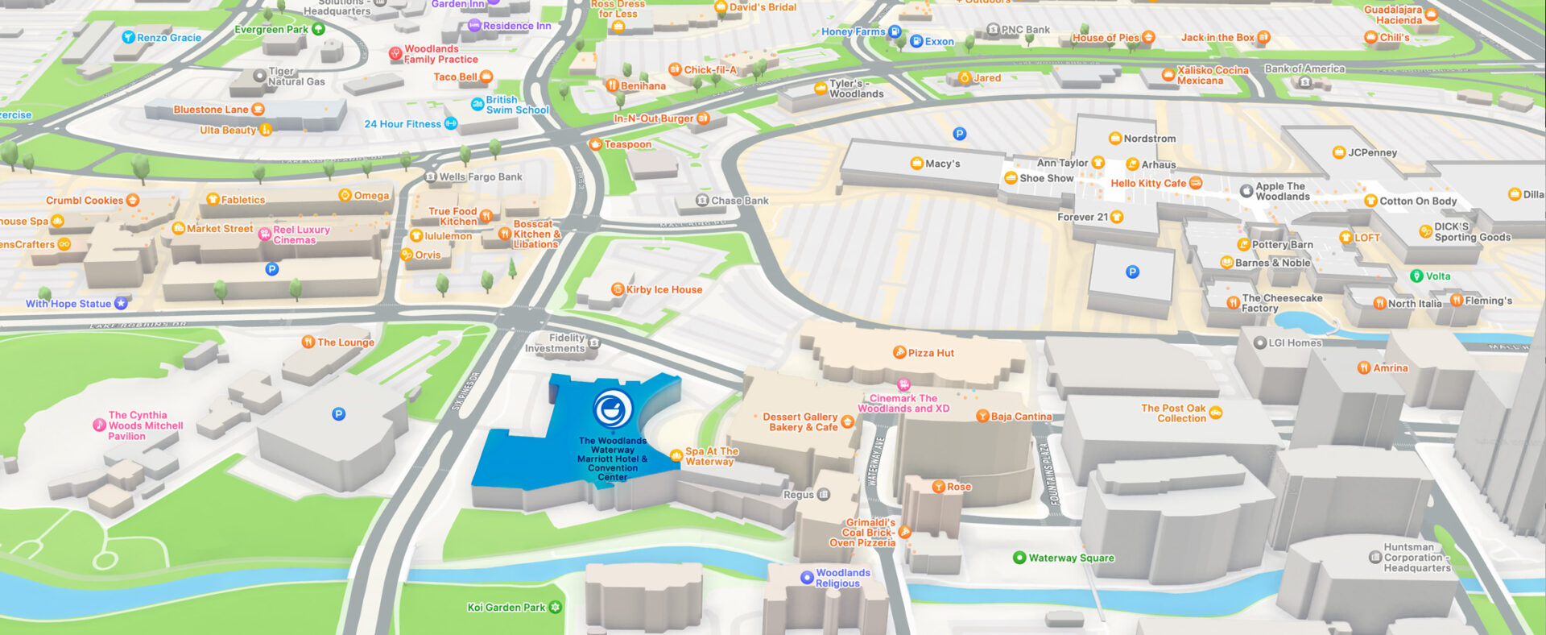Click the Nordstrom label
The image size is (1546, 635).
click(1149, 139)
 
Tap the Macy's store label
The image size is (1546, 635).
click(942, 164)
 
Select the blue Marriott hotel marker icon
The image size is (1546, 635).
click(613, 409)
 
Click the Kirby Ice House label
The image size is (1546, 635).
click(663, 289)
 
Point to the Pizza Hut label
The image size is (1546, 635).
click(930, 353)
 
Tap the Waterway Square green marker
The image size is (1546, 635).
click(1019, 558)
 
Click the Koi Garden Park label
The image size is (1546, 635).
click(506, 608)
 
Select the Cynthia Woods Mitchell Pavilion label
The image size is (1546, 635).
click(145, 425)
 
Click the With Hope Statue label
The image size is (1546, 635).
click(68, 304)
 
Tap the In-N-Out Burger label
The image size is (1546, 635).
click(653, 118)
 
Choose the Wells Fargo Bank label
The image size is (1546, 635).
click(480, 176)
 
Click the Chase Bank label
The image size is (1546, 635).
click(739, 201)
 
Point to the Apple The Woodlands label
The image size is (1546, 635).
click(1282, 191)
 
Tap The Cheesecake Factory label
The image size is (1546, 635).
click(1282, 303)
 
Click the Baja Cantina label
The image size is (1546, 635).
click(1020, 417)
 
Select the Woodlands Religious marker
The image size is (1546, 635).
click(807, 578)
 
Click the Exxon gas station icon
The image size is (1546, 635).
click(916, 41)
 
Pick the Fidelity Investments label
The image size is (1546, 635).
click(556, 343)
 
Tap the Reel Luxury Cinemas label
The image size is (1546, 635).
click(301, 234)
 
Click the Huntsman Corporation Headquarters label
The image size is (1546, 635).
click(1416, 558)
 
